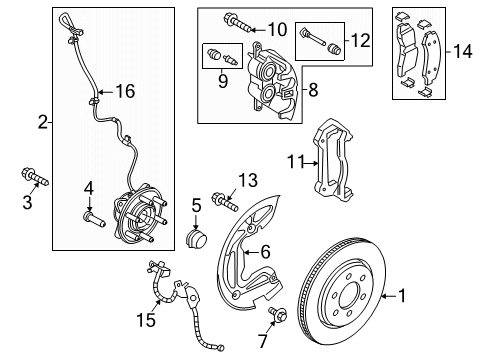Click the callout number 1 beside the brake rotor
(x=403, y=296)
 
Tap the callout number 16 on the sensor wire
(x=125, y=91)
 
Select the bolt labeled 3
(x=35, y=176)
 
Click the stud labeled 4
(x=94, y=219)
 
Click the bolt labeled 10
(x=238, y=22)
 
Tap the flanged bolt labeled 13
(x=225, y=201)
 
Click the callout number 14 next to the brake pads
(x=463, y=51)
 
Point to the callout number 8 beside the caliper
(x=313, y=90)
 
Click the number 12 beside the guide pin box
(x=360, y=40)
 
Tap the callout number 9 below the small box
(x=223, y=81)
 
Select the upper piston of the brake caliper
(x=269, y=70)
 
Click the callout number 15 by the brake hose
(x=146, y=320)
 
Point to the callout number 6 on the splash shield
(x=265, y=252)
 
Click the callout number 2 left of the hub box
(x=43, y=122)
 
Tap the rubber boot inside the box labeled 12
(x=334, y=49)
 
